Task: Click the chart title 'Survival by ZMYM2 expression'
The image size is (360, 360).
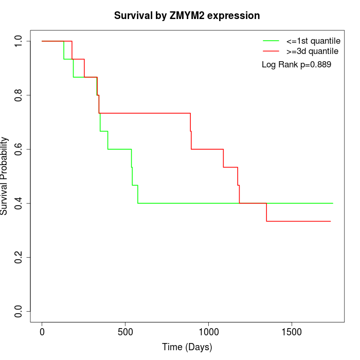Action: (x=187, y=15)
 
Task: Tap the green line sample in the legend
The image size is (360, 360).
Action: (x=271, y=41)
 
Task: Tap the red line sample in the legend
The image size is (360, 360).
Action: (x=271, y=51)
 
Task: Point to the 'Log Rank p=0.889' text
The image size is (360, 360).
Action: (x=296, y=65)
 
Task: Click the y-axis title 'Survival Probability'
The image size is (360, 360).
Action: (x=5, y=176)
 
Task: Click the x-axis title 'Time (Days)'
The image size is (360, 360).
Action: (x=187, y=348)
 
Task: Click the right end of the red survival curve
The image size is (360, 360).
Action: (x=330, y=221)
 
